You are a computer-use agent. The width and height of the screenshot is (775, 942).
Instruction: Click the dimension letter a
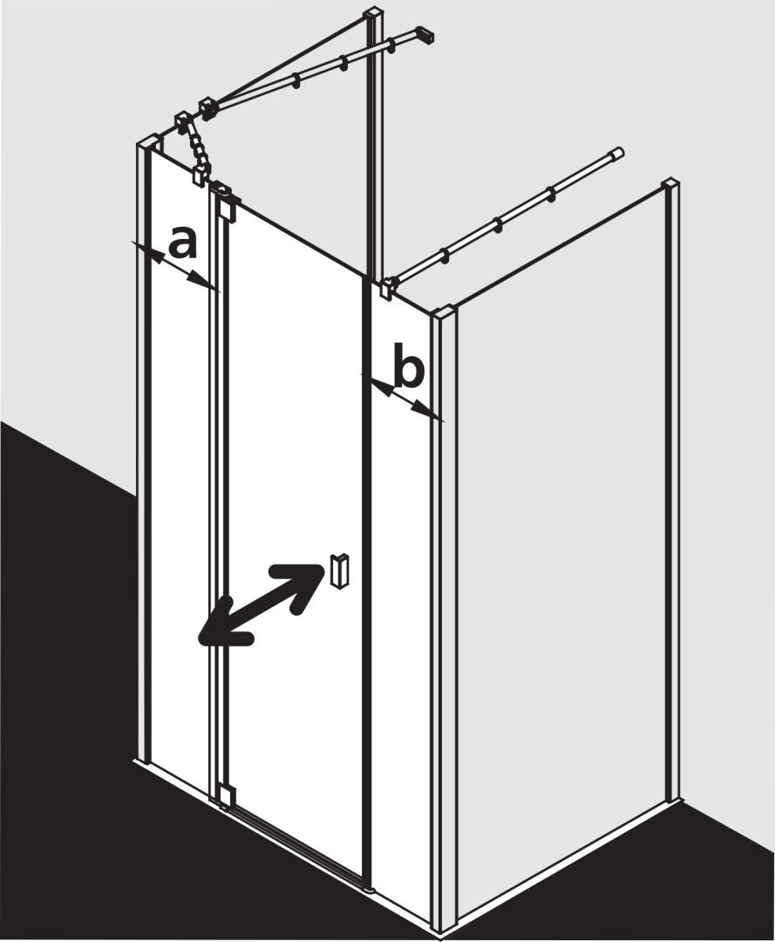(182, 242)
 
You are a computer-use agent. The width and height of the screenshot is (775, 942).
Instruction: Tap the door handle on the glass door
(338, 569)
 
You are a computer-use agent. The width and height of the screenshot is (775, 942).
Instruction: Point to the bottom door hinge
(225, 796)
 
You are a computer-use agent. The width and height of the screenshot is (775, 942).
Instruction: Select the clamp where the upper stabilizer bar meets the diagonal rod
(207, 107)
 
